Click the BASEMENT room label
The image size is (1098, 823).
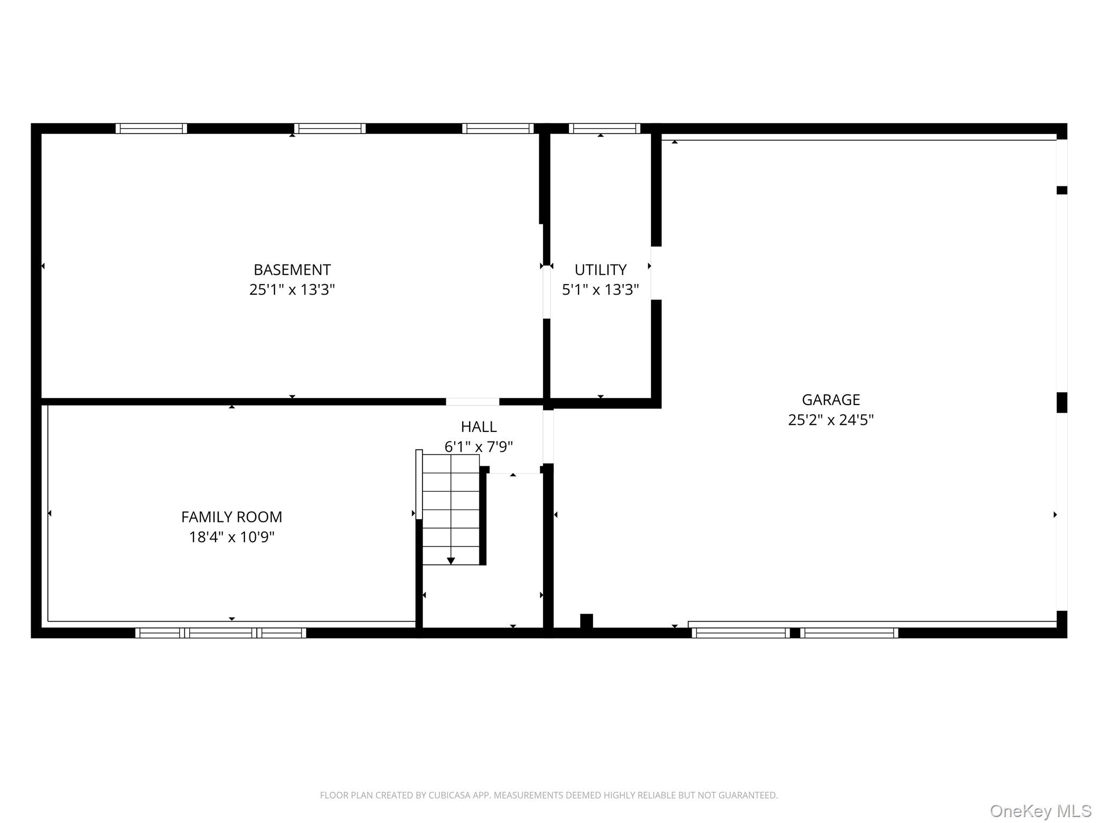[292, 270]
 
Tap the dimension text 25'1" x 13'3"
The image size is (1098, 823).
[292, 290]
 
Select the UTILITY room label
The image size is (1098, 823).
[600, 270]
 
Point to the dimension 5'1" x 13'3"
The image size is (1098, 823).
[600, 290]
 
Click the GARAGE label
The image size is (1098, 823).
[830, 400]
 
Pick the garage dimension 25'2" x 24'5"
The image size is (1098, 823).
[830, 420]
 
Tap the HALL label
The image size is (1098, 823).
[478, 427]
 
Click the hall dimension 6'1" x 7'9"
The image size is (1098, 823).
[478, 446]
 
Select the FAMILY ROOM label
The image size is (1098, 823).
[231, 517]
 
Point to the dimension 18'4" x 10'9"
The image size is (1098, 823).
[231, 537]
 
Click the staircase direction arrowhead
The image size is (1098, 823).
[451, 560]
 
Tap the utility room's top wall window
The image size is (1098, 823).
[604, 129]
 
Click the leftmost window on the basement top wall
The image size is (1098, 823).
[151, 129]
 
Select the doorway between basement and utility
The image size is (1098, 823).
[546, 292]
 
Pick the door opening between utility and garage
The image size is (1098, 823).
[656, 273]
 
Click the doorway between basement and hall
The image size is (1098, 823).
[472, 402]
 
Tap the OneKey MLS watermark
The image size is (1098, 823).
[1040, 811]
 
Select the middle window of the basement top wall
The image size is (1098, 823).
[330, 129]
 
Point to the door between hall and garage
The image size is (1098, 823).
[548, 437]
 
